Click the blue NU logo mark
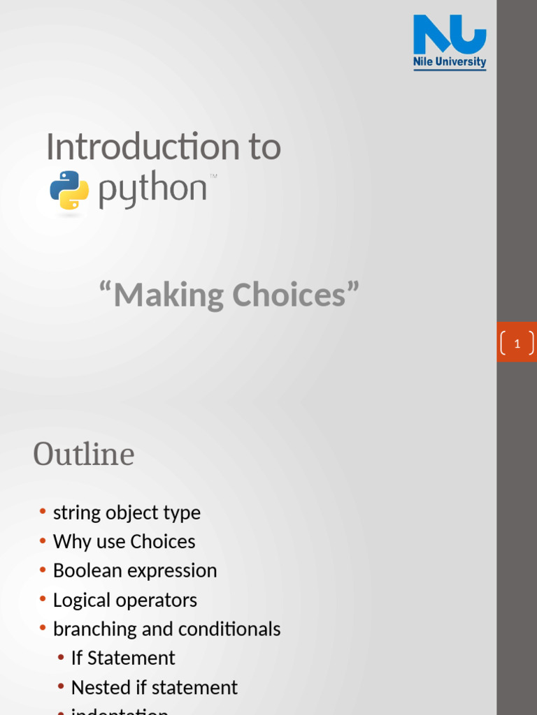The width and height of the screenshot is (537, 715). (x=450, y=35)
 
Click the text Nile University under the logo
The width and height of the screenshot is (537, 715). (x=450, y=62)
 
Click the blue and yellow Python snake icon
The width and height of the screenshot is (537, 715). (x=69, y=190)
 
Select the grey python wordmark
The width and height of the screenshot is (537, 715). (x=153, y=190)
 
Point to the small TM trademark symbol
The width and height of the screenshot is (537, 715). (x=213, y=176)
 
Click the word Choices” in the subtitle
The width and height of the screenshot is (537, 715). (x=296, y=295)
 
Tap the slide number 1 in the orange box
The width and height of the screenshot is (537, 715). (x=517, y=344)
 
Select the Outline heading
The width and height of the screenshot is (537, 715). (x=84, y=455)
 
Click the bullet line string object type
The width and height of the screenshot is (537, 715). (x=127, y=513)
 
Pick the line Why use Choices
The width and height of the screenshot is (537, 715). (x=124, y=542)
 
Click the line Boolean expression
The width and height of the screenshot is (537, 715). (x=135, y=570)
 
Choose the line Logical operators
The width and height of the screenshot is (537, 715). (x=125, y=600)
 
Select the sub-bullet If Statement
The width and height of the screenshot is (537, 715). (x=123, y=658)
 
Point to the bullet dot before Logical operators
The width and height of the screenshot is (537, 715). (x=43, y=600)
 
